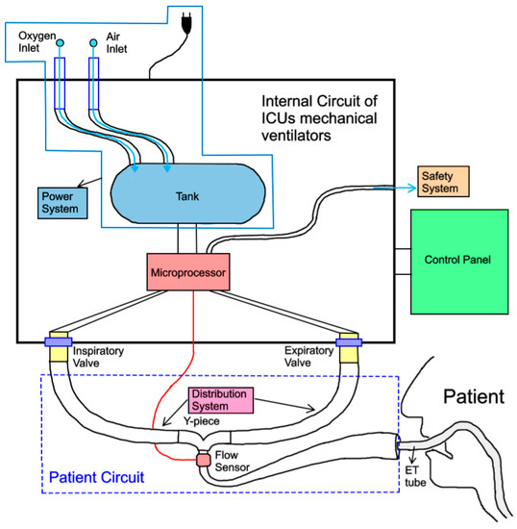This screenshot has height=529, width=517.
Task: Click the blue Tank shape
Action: [x=187, y=194]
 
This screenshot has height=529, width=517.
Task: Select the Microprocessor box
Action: [x=188, y=272]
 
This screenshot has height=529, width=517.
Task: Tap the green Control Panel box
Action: [x=459, y=262]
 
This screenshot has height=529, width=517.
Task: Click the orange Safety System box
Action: [x=443, y=182]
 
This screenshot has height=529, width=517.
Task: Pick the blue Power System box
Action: [x=62, y=203]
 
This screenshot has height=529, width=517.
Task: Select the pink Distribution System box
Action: [x=221, y=400]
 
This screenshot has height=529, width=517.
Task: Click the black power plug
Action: [x=186, y=23]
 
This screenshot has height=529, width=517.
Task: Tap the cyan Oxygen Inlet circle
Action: [x=60, y=43]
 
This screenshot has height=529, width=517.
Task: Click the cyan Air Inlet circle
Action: [x=93, y=43]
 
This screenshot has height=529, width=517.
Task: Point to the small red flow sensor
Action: [x=203, y=460]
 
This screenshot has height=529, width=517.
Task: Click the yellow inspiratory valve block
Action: [x=59, y=347]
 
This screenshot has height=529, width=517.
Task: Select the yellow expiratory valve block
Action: [x=349, y=347]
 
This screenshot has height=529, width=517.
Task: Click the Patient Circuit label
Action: [x=97, y=477]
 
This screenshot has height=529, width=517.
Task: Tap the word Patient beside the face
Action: [x=474, y=396]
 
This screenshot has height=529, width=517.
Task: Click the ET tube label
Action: [x=415, y=476]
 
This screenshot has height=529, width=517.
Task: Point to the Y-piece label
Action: [x=202, y=421]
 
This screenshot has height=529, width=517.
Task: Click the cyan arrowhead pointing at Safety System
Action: [x=412, y=188]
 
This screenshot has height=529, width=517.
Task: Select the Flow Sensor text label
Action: [x=233, y=461]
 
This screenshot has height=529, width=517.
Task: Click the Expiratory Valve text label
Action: [x=309, y=356]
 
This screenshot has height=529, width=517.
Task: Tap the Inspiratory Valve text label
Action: [x=98, y=357]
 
